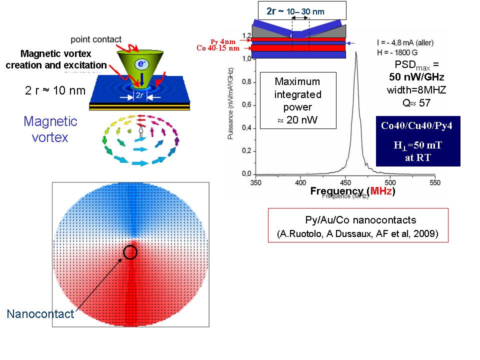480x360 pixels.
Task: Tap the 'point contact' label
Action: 95,39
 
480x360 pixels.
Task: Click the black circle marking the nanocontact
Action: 130,252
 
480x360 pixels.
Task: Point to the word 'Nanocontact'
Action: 40,314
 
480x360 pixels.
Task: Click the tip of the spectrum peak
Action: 356,52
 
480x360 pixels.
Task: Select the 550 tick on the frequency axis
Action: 435,182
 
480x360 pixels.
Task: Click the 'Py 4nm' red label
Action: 221,41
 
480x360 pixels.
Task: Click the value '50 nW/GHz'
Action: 416,77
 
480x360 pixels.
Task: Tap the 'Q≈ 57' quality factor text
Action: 416,103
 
